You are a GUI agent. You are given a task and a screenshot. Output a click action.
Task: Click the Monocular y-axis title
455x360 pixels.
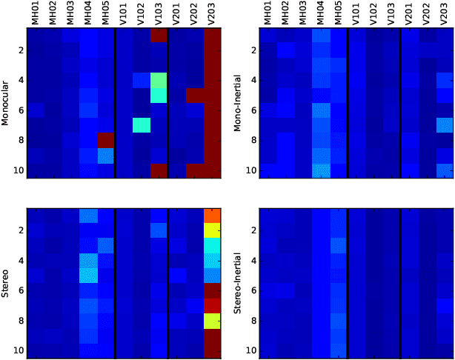(6, 103)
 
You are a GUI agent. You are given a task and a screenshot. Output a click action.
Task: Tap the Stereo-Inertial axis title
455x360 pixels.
(239, 283)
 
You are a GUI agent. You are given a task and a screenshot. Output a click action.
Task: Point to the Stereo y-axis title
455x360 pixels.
(6, 283)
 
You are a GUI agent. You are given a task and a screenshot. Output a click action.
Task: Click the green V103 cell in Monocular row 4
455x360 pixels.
(159, 80)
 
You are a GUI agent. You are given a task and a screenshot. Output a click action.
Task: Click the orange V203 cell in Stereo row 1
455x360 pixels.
(213, 216)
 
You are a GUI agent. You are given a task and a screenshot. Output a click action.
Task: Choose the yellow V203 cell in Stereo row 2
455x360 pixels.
(213, 230)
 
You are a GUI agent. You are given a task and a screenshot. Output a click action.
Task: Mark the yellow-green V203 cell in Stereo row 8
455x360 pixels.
(213, 321)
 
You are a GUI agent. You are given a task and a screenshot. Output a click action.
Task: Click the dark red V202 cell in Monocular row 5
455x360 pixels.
(194, 95)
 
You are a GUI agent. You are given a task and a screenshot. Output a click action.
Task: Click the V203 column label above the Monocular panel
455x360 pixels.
(213, 15)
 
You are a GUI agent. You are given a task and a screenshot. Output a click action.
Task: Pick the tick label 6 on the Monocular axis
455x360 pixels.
(21, 110)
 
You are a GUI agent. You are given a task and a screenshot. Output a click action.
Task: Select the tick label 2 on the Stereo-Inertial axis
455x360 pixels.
(253, 230)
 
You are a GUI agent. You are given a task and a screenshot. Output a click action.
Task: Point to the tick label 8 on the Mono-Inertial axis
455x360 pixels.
(253, 141)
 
